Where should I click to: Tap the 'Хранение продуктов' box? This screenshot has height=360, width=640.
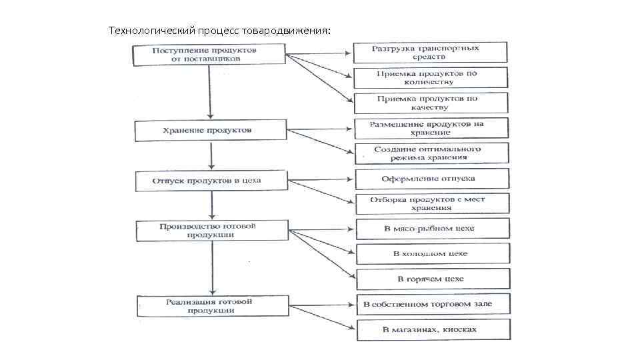[211, 131]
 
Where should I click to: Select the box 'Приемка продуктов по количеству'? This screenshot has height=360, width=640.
[431, 77]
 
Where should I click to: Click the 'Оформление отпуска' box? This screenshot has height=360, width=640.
[432, 179]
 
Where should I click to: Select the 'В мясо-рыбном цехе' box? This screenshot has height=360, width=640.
[433, 229]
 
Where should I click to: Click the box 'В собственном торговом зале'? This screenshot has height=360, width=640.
[433, 304]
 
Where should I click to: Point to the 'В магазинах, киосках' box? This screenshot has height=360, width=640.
[433, 329]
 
